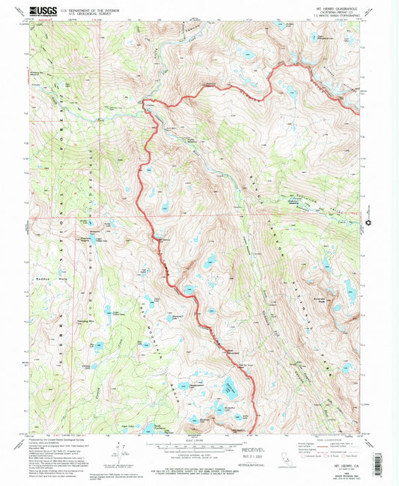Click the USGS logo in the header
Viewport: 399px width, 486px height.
click(43, 10)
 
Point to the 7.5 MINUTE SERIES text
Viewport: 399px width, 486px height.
click(338, 16)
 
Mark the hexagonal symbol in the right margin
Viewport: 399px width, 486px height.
click(369, 221)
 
